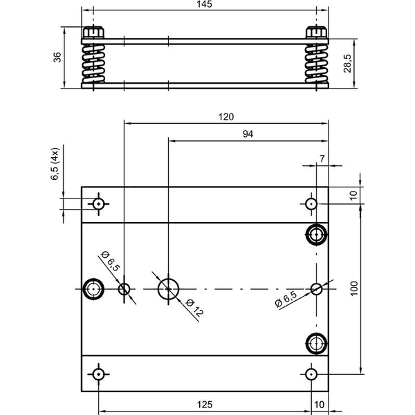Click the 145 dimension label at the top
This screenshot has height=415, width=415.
[204, 4]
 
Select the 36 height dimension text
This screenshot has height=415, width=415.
[57, 57]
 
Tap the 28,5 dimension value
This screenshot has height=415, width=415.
[347, 64]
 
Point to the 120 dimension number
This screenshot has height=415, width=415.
[226, 117]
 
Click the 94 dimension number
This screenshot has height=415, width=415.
[248, 134]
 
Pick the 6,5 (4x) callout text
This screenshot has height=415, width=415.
[55, 164]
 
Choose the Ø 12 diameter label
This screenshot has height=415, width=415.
[194, 308]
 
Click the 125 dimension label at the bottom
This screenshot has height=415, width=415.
[205, 405]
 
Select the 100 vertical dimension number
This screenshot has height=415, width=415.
[354, 288]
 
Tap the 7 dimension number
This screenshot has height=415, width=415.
[322, 158]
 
